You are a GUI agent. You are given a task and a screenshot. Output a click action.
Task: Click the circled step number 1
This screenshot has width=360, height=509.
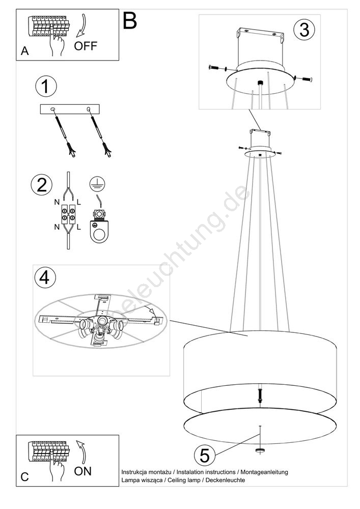tap(45, 87)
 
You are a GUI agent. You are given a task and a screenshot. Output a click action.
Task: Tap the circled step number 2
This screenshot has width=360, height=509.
tap(42, 185)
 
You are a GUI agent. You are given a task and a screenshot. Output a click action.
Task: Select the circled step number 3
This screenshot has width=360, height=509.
tap(304, 30)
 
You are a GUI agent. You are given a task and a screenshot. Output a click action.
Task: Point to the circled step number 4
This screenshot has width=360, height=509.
tap(45, 278)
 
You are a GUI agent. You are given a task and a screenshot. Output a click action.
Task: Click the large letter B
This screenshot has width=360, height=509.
tap(130, 20)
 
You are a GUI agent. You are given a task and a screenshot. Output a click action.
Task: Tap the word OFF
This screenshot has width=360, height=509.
tap(86, 46)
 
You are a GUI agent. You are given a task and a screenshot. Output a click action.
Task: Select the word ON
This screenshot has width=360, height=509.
tap(83, 471)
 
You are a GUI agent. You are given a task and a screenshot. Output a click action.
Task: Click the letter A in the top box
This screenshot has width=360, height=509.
tap(24, 51)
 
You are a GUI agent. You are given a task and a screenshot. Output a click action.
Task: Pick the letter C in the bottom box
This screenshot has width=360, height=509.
tap(24, 477)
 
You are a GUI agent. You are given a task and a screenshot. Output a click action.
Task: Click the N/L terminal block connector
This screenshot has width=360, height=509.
tap(68, 214)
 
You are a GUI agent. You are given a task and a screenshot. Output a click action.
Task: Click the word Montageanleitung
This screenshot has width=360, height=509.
tap(264, 472)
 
